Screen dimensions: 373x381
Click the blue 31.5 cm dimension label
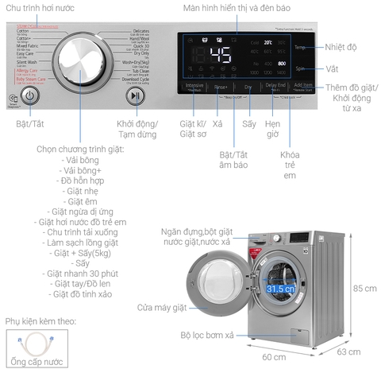[x=281, y=289]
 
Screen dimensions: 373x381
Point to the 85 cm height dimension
[x=364, y=287]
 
